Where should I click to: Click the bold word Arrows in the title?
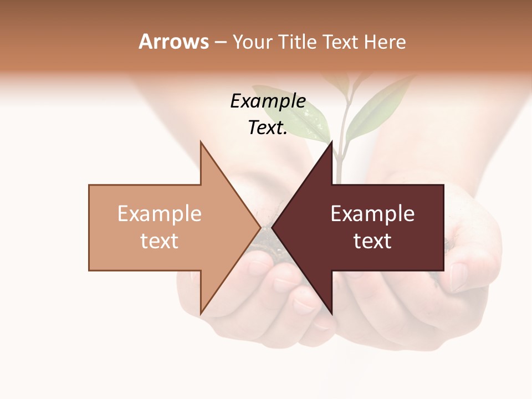pos(173,42)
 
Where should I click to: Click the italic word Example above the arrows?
pos(268,101)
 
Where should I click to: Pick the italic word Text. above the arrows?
pos(268,128)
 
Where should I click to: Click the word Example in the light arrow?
pos(160,214)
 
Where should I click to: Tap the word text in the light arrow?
pos(160,241)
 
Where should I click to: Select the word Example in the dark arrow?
pos(372,214)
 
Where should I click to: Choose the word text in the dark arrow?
pos(372,241)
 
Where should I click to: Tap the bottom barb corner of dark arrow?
pos(332,313)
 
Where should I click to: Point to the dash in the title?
pos(220,43)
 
